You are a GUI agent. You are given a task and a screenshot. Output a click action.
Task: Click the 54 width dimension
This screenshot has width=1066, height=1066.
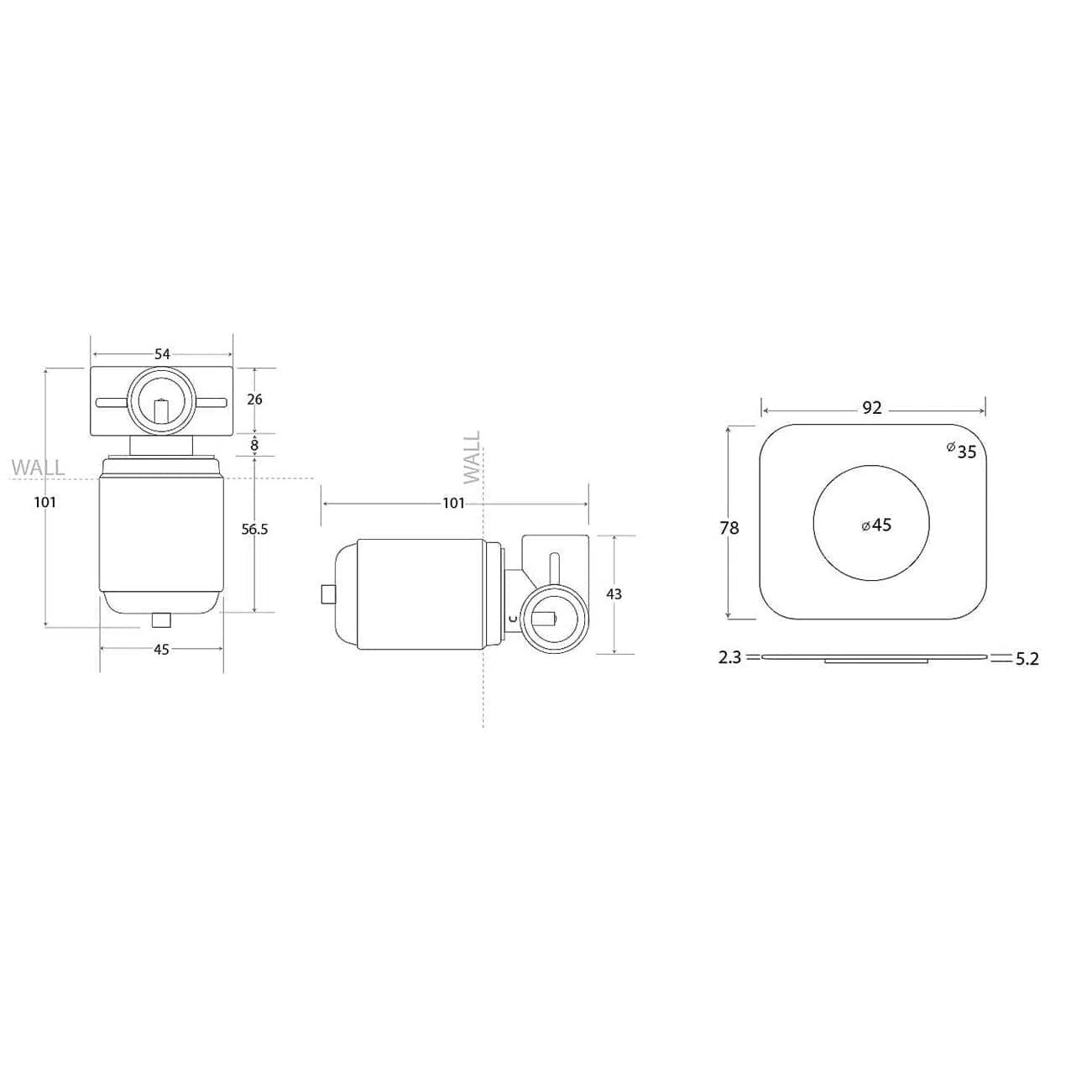tap(161, 353)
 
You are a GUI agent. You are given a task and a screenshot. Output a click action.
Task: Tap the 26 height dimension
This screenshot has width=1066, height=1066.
tap(254, 399)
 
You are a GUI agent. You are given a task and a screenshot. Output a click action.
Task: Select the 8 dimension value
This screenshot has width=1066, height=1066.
tap(254, 445)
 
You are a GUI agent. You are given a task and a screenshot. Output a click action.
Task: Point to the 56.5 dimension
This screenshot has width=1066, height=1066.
tap(254, 530)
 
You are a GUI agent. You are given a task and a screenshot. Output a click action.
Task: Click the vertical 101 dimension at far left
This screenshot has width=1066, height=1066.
tap(44, 502)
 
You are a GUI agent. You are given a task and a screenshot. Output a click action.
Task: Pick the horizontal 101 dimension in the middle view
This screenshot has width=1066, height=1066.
tap(453, 504)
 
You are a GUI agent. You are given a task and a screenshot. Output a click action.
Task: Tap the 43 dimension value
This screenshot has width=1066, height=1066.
tap(614, 594)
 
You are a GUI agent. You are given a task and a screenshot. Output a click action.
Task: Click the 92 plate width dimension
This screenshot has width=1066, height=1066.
tap(872, 408)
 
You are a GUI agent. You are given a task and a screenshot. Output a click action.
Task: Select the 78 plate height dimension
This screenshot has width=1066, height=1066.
tap(729, 528)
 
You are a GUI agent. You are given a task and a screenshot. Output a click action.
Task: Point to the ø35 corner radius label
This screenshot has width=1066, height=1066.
tap(961, 451)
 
